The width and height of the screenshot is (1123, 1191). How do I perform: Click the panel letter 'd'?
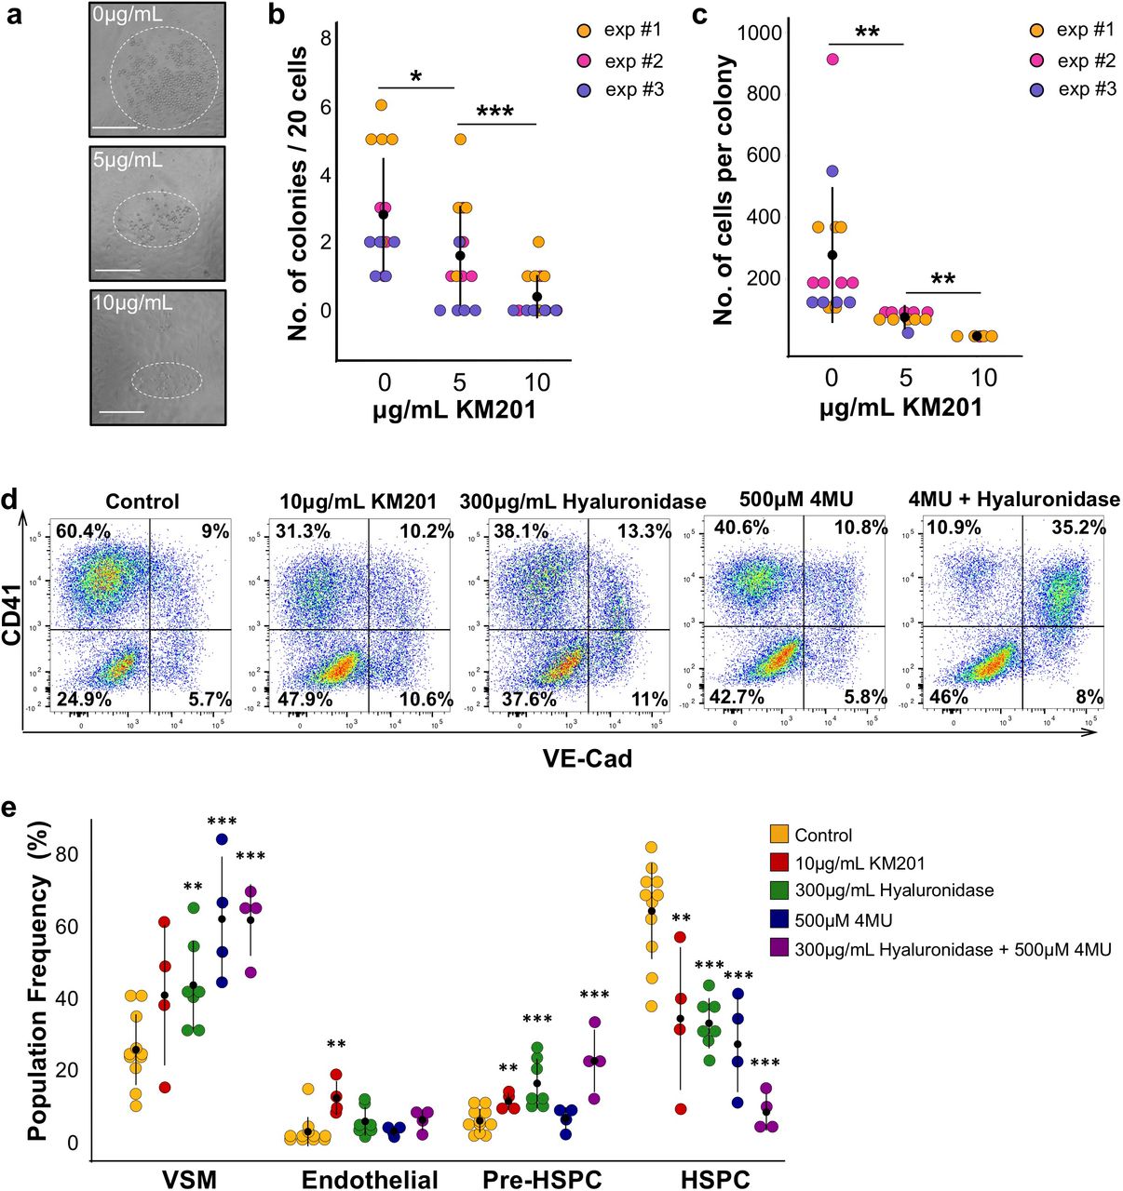[10, 500]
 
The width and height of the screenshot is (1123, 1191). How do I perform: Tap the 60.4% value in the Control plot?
[83, 532]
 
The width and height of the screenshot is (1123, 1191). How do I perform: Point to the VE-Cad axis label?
[587, 759]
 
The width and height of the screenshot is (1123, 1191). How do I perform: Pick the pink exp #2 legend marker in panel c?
[1036, 60]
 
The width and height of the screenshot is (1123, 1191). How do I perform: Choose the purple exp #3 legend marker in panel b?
[585, 90]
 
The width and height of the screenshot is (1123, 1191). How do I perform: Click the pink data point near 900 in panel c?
[832, 60]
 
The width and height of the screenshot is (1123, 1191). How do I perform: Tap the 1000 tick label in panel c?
[759, 33]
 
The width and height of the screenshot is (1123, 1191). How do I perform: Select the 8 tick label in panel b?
[352, 38]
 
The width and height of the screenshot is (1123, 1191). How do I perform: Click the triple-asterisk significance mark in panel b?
[495, 113]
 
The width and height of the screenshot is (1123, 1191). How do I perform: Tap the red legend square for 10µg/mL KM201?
[779, 863]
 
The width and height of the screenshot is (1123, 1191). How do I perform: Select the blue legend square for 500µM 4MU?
[779, 920]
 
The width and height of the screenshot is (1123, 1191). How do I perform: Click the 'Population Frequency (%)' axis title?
[37, 982]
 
